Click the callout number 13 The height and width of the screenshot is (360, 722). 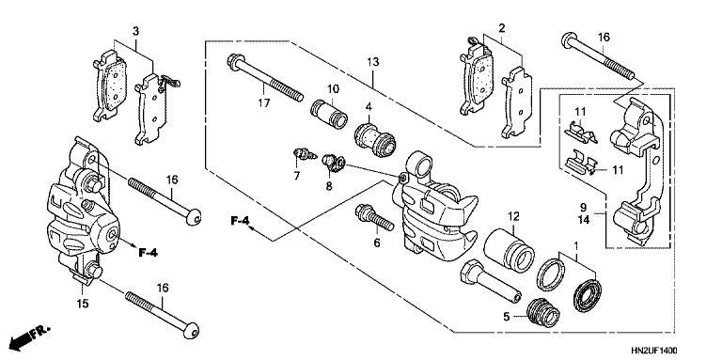coord(373,62)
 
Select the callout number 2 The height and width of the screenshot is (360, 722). coord(502,29)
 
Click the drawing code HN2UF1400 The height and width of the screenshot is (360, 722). coord(677,349)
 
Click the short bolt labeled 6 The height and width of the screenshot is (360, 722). coord(374,219)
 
